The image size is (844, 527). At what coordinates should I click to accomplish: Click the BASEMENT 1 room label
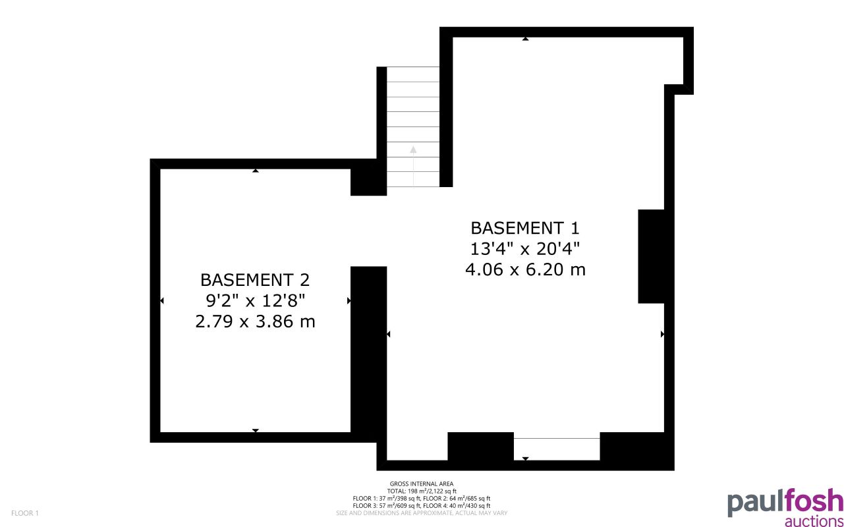(x=525, y=229)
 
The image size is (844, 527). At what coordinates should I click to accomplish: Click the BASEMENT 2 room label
(x=255, y=280)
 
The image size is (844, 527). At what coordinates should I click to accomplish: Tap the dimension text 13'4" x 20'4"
(x=525, y=249)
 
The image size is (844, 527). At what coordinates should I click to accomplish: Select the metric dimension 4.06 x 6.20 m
(x=525, y=269)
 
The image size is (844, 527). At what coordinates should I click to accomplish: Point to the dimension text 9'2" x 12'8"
(x=255, y=301)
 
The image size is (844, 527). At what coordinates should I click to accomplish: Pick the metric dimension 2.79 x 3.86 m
(x=255, y=322)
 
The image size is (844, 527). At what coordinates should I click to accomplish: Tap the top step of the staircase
(x=412, y=74)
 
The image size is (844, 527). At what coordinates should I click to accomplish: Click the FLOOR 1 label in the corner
(x=25, y=513)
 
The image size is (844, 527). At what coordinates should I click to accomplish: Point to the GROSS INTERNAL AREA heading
(x=422, y=484)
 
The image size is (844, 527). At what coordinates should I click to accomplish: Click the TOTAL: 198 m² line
(x=422, y=491)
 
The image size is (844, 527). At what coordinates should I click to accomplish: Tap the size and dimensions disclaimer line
(x=422, y=513)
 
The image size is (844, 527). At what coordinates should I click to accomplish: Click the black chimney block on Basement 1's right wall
(x=651, y=256)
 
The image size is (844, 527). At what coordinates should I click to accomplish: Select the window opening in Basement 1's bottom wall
(x=557, y=448)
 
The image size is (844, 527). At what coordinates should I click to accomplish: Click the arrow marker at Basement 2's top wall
(x=256, y=171)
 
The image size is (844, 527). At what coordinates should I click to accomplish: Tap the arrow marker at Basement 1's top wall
(x=525, y=39)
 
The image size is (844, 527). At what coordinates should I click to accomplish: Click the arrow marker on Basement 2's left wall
(x=162, y=301)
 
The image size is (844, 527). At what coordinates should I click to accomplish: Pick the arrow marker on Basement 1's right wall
(x=661, y=335)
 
